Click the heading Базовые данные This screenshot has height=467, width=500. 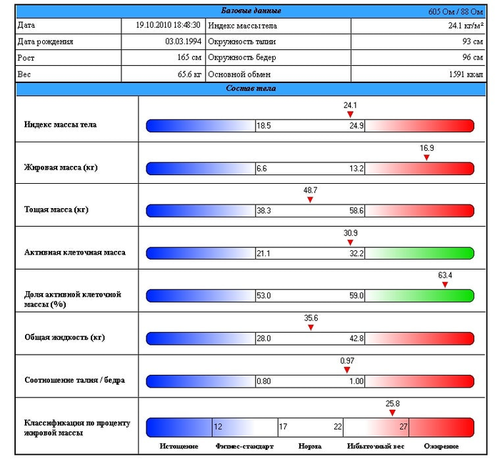click(250, 11)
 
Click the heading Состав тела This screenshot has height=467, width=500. click(250, 89)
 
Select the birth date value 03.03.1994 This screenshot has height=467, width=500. click(183, 41)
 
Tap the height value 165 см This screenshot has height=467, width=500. click(189, 57)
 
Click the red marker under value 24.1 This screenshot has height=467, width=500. click(350, 114)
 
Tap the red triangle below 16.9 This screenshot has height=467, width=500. click(426, 157)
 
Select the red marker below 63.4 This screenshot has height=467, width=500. click(445, 285)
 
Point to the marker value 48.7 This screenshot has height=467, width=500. click(310, 191)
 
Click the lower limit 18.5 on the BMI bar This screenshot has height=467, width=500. click(264, 126)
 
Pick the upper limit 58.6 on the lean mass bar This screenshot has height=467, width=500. click(356, 211)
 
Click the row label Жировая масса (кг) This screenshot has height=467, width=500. click(61, 167)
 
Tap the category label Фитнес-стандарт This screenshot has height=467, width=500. click(244, 446)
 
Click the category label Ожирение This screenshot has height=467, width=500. click(441, 446)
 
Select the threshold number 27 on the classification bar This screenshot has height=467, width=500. click(403, 427)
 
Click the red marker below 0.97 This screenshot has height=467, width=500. click(347, 370)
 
